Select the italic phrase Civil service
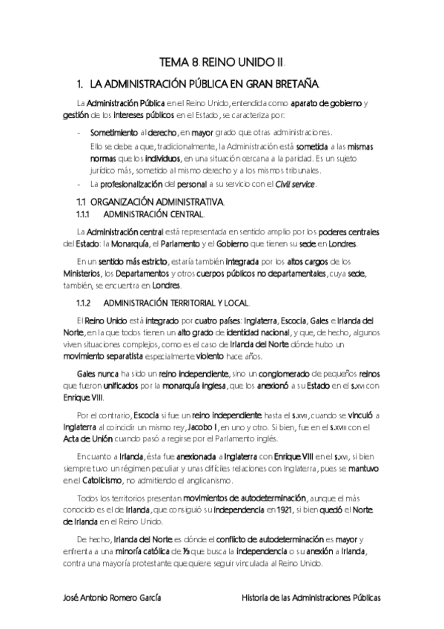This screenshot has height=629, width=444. (295, 184)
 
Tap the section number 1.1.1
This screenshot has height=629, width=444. (87, 214)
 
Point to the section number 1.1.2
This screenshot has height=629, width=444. (87, 303)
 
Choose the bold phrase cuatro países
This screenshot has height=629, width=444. (231, 320)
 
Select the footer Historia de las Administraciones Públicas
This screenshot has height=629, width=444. (311, 596)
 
